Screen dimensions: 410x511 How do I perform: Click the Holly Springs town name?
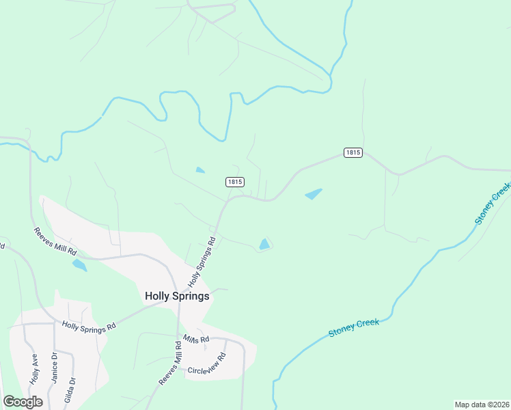177,296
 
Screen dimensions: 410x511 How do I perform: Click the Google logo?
23,402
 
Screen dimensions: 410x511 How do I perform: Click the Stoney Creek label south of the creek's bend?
353,327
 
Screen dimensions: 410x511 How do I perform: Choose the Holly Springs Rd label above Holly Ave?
89,327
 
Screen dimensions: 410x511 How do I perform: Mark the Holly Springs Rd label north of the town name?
202,262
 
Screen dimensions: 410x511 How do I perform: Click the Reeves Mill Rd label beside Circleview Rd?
171,366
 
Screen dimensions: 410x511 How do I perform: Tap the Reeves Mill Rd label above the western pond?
55,242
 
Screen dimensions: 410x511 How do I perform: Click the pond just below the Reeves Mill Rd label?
79,264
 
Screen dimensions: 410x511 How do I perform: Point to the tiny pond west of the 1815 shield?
199,170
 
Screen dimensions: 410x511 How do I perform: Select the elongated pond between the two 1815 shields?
314,194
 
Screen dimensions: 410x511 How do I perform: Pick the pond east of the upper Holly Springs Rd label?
264,244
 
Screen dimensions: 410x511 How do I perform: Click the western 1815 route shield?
234,182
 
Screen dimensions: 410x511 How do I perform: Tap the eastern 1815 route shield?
353,152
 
